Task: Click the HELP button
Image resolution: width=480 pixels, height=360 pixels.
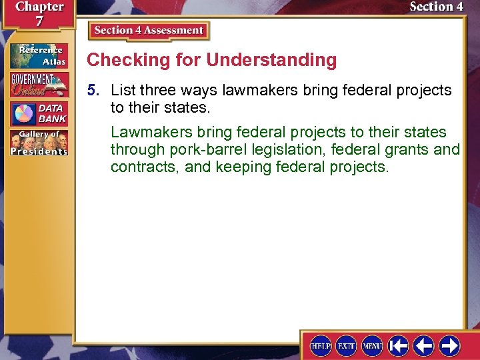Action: click(321, 346)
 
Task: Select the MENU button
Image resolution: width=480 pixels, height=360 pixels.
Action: click(372, 346)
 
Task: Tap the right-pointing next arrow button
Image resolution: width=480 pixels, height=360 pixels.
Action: click(449, 346)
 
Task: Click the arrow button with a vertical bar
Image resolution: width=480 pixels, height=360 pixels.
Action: click(399, 346)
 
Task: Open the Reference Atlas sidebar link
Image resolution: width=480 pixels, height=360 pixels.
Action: click(39, 56)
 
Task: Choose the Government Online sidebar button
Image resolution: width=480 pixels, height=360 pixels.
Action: click(39, 85)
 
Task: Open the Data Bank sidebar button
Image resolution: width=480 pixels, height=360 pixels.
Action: click(39, 114)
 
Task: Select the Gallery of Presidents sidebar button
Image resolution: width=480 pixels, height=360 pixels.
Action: click(39, 143)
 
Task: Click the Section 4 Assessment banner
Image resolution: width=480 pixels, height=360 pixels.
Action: click(149, 31)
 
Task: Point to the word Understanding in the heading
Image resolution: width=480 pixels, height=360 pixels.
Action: click(271, 60)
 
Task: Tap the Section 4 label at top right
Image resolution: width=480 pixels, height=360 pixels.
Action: click(436, 7)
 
